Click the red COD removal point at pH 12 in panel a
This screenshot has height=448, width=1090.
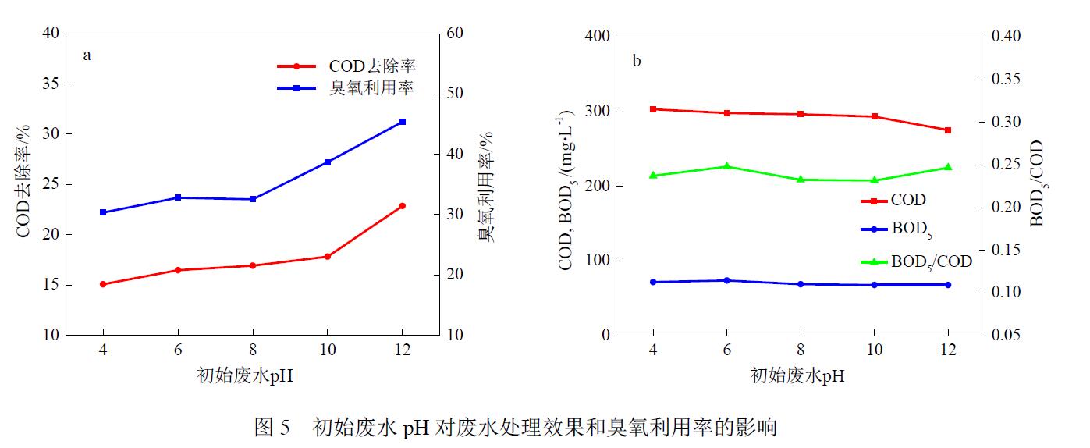coord(402,206)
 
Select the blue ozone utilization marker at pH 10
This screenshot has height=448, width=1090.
coord(328,162)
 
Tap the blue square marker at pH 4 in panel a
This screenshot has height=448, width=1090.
coord(103,212)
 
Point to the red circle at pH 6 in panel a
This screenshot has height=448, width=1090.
coord(178,270)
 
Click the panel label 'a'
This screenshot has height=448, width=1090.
coord(88,55)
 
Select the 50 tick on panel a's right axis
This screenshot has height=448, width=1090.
coord(455,94)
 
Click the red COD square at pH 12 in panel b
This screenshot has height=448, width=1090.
coord(948,130)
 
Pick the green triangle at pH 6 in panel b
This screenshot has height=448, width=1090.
coord(726,166)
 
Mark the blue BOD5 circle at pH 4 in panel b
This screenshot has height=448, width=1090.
coord(653,282)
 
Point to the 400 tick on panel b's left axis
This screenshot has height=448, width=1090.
coord(597,37)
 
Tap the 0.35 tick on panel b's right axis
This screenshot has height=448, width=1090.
coord(1005,80)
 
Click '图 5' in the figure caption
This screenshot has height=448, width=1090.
coord(272,428)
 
